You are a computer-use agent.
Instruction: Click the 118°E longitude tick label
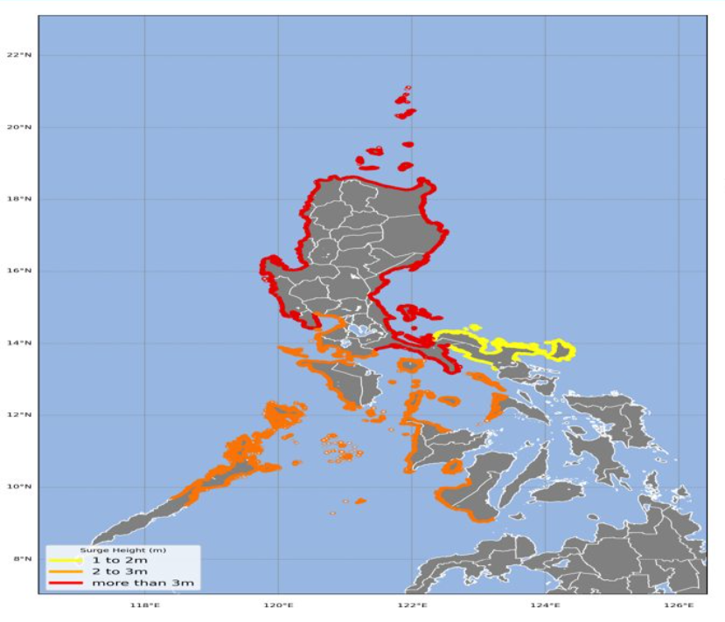(x=144, y=604)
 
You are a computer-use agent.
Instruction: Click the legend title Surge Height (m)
(x=122, y=550)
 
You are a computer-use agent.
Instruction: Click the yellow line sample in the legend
(x=66, y=560)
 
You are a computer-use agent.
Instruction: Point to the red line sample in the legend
(x=66, y=582)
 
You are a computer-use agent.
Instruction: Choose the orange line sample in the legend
(x=66, y=570)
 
